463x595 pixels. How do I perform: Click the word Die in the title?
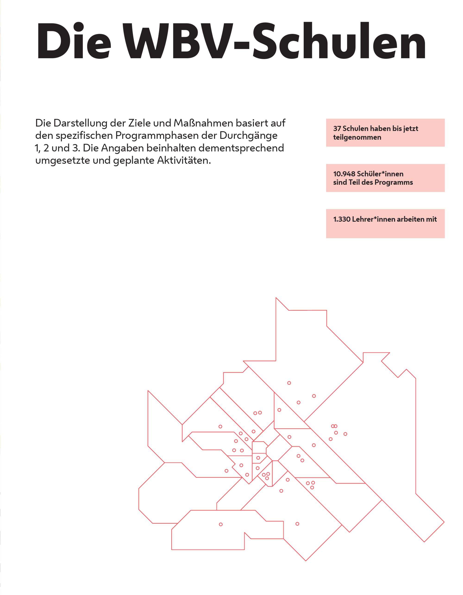pos(74,41)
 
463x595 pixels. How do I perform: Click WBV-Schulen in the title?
pos(274,41)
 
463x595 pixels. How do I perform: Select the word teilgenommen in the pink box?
pos(357,137)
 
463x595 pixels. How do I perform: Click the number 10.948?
pos(344,174)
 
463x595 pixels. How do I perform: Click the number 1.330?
pos(342,219)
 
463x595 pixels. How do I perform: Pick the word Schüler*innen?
pos(380,174)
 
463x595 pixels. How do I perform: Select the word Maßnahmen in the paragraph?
pos(203,123)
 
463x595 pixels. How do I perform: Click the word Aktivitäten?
pos(184,160)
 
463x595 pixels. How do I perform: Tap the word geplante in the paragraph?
pos(134,161)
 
